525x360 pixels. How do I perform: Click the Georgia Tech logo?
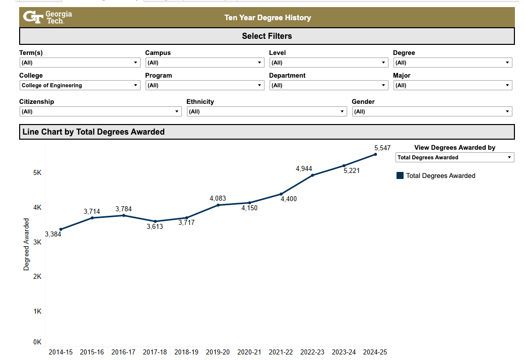point(47,17)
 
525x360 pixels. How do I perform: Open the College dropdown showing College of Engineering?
point(80,85)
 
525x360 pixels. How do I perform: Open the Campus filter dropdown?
point(205,63)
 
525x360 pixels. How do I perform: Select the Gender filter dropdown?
point(432,111)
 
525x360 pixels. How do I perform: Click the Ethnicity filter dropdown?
point(267,111)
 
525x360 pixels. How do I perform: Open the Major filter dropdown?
point(452,85)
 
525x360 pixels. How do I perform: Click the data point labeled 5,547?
point(375,154)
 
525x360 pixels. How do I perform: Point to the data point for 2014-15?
point(61,229)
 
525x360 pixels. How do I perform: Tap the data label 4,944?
point(304,168)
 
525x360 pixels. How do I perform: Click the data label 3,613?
point(155,227)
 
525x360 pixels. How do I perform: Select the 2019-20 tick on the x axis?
point(218,352)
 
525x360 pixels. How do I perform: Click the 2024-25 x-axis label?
point(375,352)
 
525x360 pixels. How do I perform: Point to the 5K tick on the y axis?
point(37,172)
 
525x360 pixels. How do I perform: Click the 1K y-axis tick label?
point(37,311)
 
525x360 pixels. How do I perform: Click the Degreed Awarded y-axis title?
point(26,244)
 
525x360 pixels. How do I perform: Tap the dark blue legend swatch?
point(400,175)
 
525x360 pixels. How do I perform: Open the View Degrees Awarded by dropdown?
point(454,157)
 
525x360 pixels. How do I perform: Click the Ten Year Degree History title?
point(268,18)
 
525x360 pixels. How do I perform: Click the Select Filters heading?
point(267,36)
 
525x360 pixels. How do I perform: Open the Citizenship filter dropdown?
point(100,111)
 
